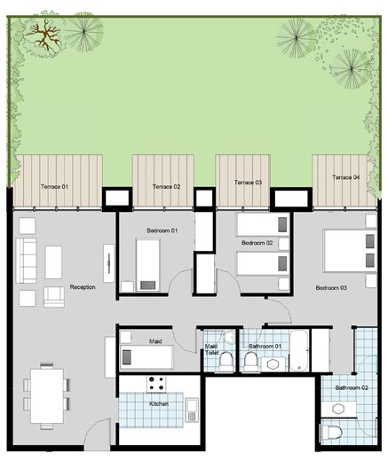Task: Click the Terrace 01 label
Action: [x=54, y=187]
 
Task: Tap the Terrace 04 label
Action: [x=346, y=177]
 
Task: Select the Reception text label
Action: [x=83, y=287]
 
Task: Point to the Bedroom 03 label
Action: [x=331, y=287]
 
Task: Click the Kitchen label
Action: [x=159, y=403]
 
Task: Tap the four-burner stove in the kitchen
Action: [x=156, y=384]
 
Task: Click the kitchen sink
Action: [x=192, y=410]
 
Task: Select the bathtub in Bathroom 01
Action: [x=299, y=350]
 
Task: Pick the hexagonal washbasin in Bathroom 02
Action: [x=337, y=410]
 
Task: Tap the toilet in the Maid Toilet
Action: [x=226, y=361]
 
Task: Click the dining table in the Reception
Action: [x=47, y=395]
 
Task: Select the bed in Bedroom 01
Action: [x=147, y=265]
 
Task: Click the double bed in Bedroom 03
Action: [x=351, y=250]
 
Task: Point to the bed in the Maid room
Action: [x=146, y=356]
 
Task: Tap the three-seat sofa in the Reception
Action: [x=26, y=261]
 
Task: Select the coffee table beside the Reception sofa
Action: [x=53, y=262]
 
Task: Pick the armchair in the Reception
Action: [x=54, y=297]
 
